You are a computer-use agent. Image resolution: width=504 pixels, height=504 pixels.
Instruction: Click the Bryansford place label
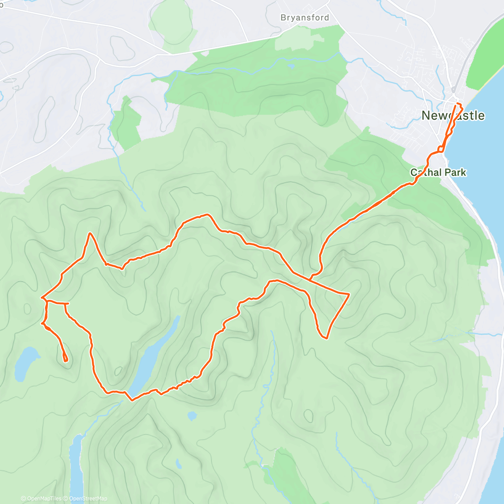click(304, 18)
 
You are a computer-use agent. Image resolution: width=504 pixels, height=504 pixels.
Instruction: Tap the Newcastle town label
click(453, 115)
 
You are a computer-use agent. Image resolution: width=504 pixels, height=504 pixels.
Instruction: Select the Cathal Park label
click(438, 172)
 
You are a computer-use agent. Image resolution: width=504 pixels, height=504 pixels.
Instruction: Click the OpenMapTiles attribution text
click(41, 499)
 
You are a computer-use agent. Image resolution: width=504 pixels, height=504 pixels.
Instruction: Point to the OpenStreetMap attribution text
click(88, 499)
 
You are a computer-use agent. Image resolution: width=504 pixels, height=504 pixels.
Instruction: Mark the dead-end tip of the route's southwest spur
click(65, 360)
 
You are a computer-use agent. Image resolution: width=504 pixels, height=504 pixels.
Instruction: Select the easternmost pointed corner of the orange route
click(349, 294)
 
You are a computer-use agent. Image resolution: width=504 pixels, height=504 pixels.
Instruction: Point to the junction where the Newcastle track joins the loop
click(310, 278)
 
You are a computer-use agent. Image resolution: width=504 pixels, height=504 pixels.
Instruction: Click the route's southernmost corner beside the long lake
click(132, 400)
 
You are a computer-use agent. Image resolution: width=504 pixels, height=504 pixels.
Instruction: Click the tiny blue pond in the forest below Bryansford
click(291, 66)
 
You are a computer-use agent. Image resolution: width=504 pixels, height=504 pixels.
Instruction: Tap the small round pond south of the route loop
click(192, 416)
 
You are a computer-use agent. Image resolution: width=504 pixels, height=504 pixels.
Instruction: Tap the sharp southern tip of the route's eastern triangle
click(325, 337)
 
